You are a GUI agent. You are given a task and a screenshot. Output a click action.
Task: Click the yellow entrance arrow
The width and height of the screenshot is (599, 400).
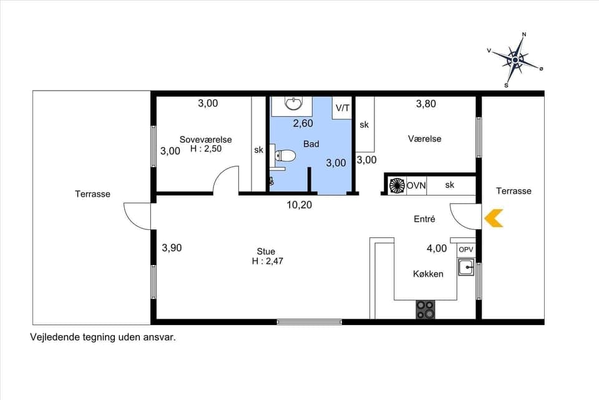click(x=494, y=217)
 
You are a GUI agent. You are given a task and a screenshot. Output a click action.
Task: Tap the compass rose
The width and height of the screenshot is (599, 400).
click(x=515, y=60)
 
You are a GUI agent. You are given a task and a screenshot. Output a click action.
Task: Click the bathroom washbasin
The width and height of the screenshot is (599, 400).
click(x=293, y=102)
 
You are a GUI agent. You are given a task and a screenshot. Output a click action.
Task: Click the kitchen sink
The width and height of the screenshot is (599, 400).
click(x=466, y=268)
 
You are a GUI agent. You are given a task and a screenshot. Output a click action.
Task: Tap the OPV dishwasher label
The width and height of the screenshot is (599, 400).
click(x=466, y=249)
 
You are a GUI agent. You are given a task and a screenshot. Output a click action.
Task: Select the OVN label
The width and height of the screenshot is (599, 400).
click(x=416, y=186)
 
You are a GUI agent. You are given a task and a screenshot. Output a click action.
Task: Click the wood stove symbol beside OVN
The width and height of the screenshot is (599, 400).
click(x=397, y=186)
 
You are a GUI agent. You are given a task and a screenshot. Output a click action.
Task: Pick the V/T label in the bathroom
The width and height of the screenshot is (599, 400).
click(x=343, y=108)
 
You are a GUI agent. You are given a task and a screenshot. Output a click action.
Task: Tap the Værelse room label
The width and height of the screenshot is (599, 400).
click(x=425, y=139)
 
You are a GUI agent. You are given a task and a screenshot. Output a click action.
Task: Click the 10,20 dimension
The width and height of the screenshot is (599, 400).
click(x=299, y=204)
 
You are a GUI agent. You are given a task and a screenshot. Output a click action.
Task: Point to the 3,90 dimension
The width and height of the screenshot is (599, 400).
click(x=172, y=247)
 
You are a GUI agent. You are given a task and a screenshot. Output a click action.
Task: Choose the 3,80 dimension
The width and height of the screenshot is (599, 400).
click(x=426, y=104)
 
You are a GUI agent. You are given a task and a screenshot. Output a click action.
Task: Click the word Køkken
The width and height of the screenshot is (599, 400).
click(x=428, y=274)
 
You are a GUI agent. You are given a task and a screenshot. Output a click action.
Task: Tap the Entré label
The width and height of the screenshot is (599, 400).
click(x=424, y=219)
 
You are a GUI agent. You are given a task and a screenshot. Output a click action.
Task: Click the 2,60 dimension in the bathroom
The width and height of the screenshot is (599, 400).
click(x=303, y=123)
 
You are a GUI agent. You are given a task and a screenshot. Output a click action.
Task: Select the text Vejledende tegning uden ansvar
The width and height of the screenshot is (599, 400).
click(x=103, y=337)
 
